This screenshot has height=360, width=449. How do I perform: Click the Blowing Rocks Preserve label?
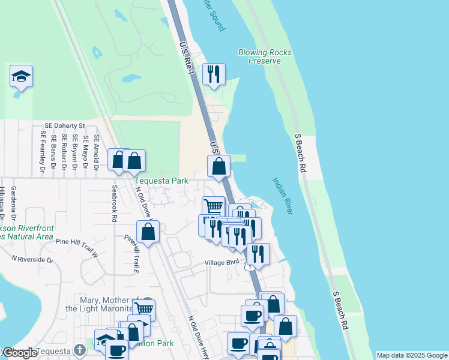coord(265,56)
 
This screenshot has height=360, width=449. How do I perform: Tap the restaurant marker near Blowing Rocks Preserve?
coord(214,74)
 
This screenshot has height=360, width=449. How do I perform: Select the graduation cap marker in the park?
coord(21,76)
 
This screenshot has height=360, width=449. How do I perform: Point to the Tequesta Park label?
coord(161,181)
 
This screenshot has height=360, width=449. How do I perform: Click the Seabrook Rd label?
coord(114,203)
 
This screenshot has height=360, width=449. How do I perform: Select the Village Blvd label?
coord(221,263)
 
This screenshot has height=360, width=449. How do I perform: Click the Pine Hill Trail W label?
coord(77,243)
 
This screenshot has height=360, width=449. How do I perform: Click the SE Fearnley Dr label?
coord(43,152)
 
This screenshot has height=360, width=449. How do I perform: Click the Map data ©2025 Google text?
coord(412,355)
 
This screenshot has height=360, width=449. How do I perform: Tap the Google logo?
coord(20,353)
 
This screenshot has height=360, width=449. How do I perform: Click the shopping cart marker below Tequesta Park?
coord(213,206)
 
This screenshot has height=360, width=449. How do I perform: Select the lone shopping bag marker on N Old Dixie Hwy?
coord(148,232)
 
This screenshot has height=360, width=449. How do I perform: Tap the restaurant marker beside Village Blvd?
coord(258,253)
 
